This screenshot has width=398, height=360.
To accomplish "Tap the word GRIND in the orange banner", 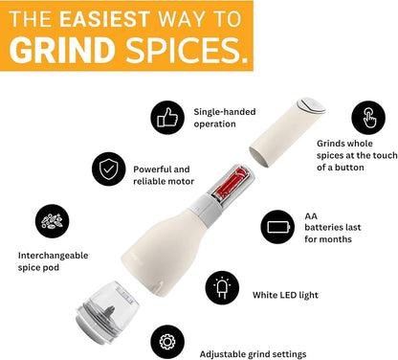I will tap(62, 50).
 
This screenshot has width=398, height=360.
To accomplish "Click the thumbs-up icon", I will tap(166, 117).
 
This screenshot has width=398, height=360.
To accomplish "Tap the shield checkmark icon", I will tap(107, 169).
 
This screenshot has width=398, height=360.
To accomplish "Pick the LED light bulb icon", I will tap(222, 287).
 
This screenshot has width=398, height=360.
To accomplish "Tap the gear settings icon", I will tap(168, 339).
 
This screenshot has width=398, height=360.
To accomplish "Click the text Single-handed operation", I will tap(225, 117).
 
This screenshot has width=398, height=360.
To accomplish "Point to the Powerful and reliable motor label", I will tap(164, 174).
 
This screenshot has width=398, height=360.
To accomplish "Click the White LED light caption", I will tap(286, 295).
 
